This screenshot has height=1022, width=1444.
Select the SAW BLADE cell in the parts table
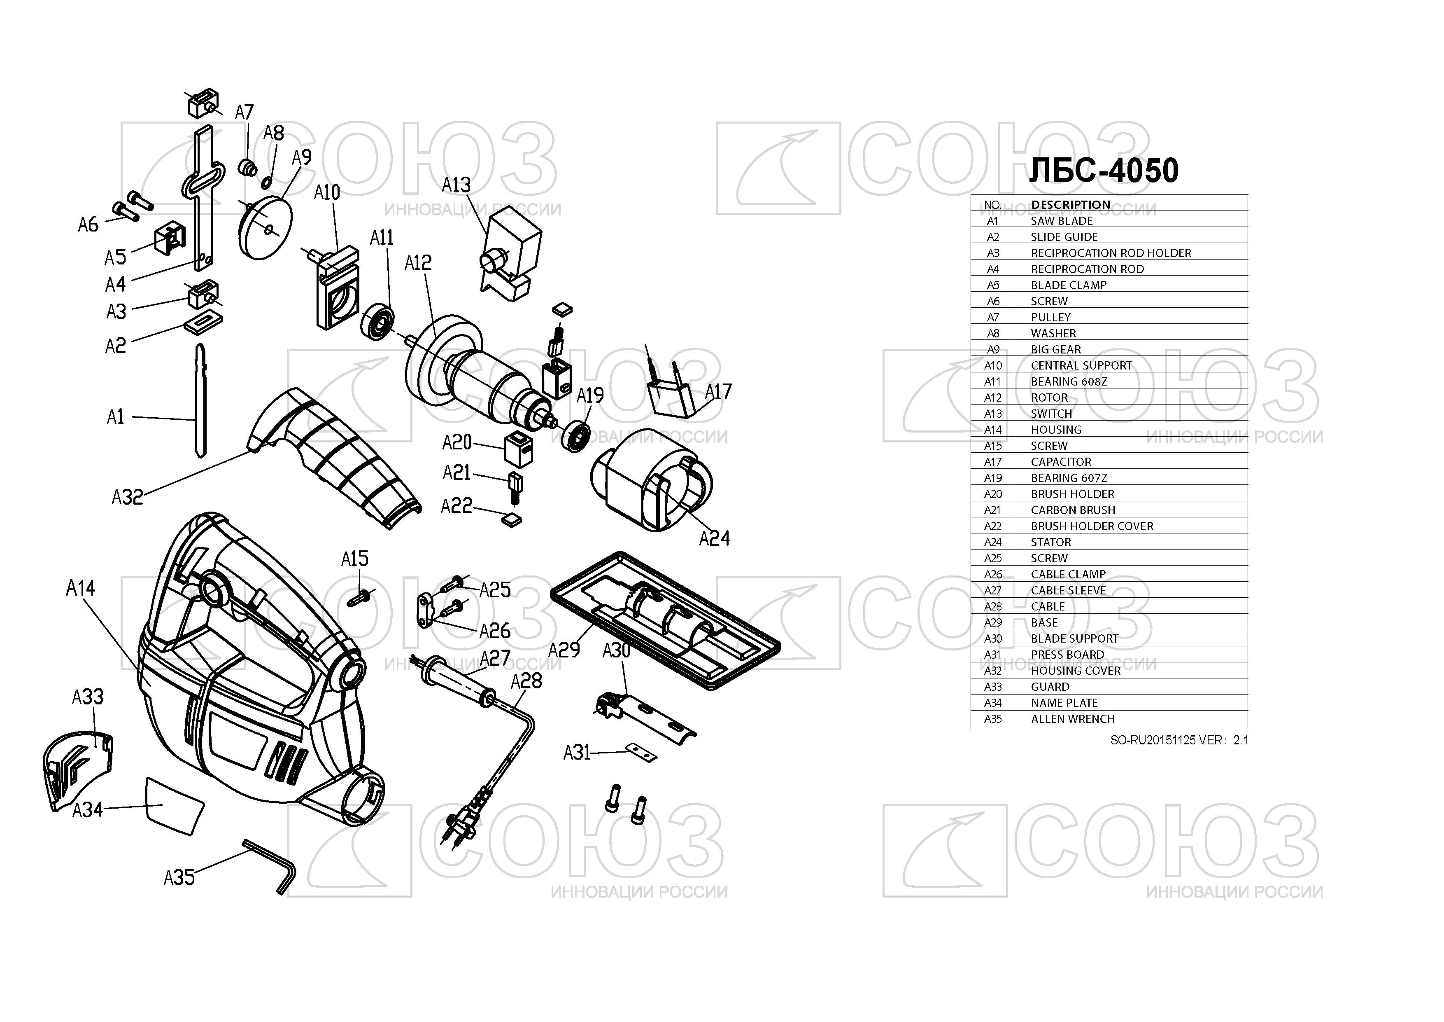coord(1062,221)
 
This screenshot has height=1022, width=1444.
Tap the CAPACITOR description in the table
coord(1061,462)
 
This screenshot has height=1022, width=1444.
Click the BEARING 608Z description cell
coord(1069,381)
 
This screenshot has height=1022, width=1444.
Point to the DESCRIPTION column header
coord(1070,205)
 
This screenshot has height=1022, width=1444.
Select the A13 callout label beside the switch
coord(456,185)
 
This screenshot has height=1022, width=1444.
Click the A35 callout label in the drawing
coord(179,877)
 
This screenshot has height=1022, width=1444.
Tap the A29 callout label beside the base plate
coord(564,650)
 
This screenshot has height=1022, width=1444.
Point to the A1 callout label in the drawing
coord(116,416)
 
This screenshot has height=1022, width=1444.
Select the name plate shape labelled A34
coord(175,806)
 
